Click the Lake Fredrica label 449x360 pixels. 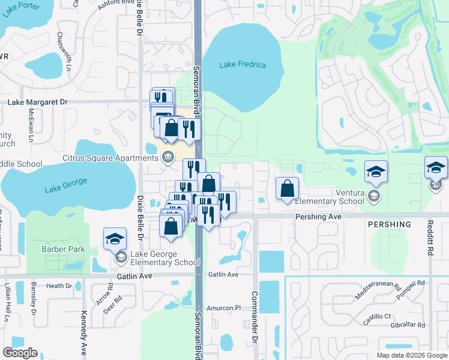pyautogui.click(x=243, y=65)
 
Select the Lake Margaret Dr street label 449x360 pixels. pyautogui.click(x=37, y=103)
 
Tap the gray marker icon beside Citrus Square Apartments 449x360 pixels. pyautogui.click(x=169, y=158)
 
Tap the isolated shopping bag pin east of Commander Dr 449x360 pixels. pyautogui.click(x=288, y=188)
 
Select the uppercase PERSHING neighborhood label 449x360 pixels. pyautogui.click(x=389, y=225)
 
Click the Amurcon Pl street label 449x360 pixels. pyautogui.click(x=223, y=308)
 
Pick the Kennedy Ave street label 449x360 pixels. pyautogui.click(x=83, y=333)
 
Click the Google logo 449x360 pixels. pyautogui.click(x=20, y=353)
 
